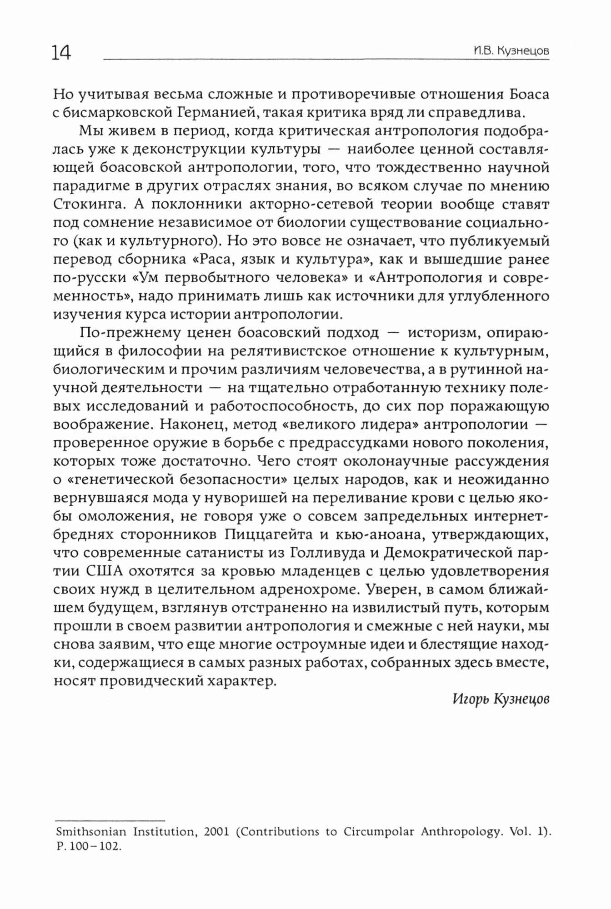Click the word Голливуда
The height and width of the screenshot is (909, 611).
click(323, 553)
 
